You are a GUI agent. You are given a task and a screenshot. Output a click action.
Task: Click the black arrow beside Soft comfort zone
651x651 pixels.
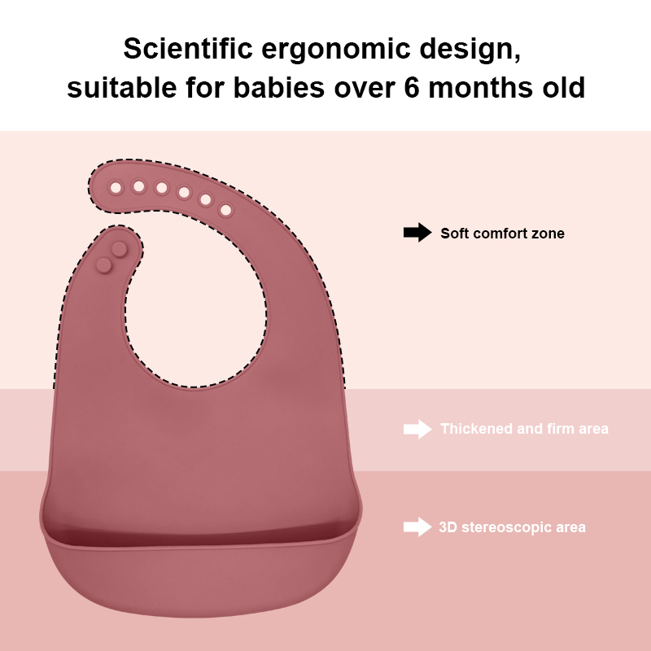coord(417,233)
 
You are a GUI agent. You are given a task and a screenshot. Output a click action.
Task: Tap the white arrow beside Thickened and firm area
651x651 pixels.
coord(417,429)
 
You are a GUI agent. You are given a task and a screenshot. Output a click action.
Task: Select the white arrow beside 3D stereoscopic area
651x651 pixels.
coord(417,526)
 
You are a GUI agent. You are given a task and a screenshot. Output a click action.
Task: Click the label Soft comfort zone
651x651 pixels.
coord(502,234)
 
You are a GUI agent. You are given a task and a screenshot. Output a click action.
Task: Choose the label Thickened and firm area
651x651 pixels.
coord(524,429)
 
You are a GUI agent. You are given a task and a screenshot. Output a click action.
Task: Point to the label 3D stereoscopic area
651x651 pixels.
coord(512,527)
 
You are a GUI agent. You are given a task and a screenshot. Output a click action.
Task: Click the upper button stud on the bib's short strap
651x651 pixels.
coord(120,247)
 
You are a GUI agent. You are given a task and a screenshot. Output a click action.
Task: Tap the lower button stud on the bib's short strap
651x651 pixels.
coord(105,264)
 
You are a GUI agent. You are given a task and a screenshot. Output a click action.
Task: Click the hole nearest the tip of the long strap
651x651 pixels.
coord(116,188)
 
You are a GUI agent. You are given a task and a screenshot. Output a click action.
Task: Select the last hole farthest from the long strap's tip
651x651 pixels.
coord(225,211)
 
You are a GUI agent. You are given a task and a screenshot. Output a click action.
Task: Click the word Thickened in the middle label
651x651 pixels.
coord(476,429)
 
